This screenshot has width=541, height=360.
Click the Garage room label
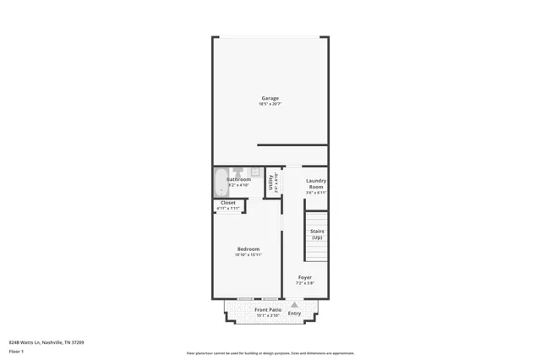coord(270,98)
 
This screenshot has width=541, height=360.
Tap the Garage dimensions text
coord(270,104)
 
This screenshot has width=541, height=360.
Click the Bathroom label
coord(238,179)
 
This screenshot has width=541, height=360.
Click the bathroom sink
coord(255,172)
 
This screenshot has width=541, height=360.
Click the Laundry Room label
coord(316,183)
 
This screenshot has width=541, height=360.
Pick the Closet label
coord(228,203)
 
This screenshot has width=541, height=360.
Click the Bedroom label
coord(248,248)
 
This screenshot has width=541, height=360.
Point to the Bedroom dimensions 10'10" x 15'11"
coord(248,254)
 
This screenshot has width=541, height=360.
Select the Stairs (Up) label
coord(317,234)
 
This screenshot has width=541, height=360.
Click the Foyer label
coord(304,277)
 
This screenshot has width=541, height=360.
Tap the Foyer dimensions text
coord(304,283)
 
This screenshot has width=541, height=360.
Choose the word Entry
coord(294,314)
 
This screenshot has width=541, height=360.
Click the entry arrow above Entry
coord(294,305)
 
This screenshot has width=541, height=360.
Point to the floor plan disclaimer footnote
coord(270,353)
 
